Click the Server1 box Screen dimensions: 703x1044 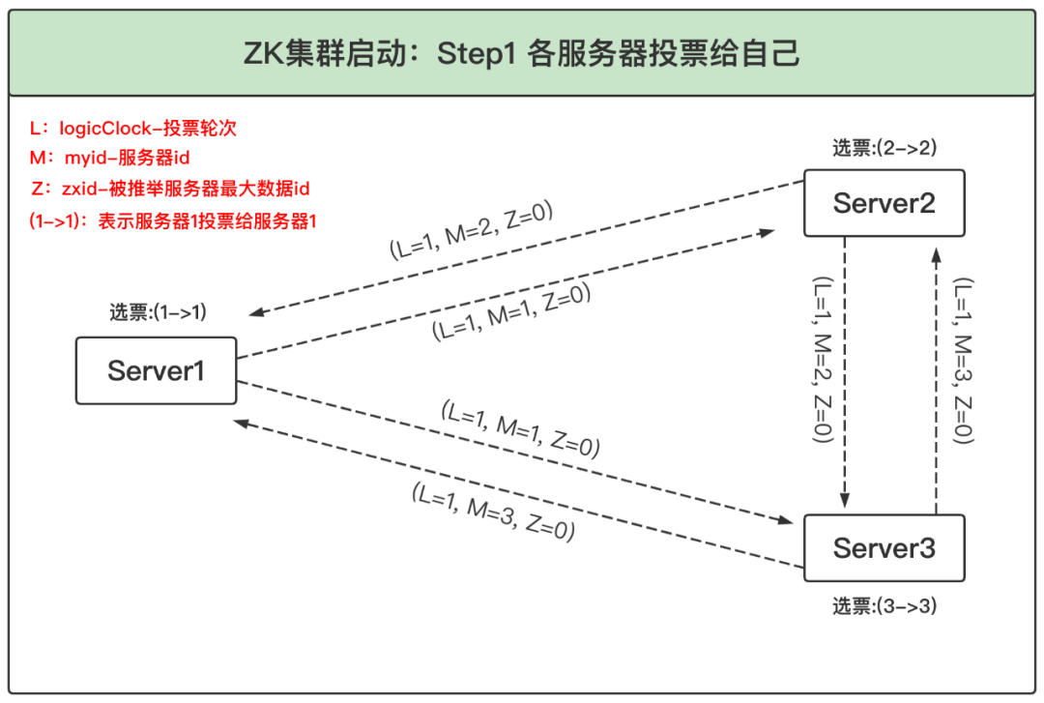[156, 370]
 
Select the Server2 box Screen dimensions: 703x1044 [884, 203]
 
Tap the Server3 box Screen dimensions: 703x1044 [884, 548]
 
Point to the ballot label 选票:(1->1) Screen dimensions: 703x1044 [158, 312]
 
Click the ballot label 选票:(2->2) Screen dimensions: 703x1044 [884, 148]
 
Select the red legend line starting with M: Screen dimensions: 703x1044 [106, 158]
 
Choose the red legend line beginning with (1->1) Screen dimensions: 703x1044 [174, 220]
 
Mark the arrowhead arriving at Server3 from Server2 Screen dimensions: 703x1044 [845, 502]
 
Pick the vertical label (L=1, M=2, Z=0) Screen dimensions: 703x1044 [822, 360]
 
